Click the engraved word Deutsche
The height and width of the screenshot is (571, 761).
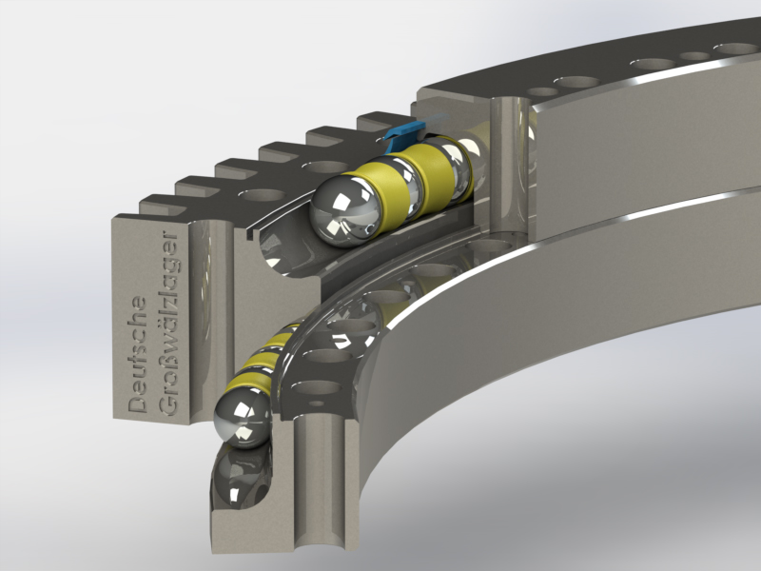tap(138, 355)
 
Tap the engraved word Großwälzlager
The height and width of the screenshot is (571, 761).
tap(169, 324)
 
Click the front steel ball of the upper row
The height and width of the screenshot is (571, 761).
tap(345, 210)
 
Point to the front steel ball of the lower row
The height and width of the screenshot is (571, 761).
tap(243, 415)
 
